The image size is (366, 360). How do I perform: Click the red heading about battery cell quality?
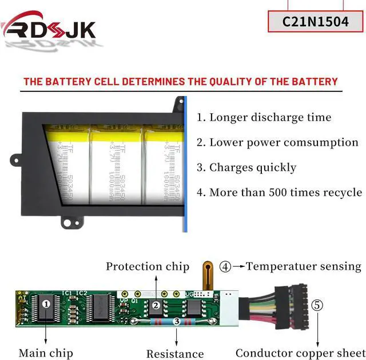pos(180,81)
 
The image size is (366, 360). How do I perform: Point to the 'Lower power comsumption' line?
pos(277,142)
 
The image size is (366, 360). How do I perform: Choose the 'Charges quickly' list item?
pos(246,167)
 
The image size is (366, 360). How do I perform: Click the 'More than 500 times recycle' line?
pos(279,192)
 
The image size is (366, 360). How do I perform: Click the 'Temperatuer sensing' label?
pos(303,266)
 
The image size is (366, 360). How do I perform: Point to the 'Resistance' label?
pos(175,354)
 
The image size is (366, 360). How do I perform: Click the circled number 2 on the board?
pos(156,305)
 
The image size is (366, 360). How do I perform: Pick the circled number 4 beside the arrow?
pos(225,266)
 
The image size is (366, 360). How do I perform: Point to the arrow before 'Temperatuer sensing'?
pos(238,266)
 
